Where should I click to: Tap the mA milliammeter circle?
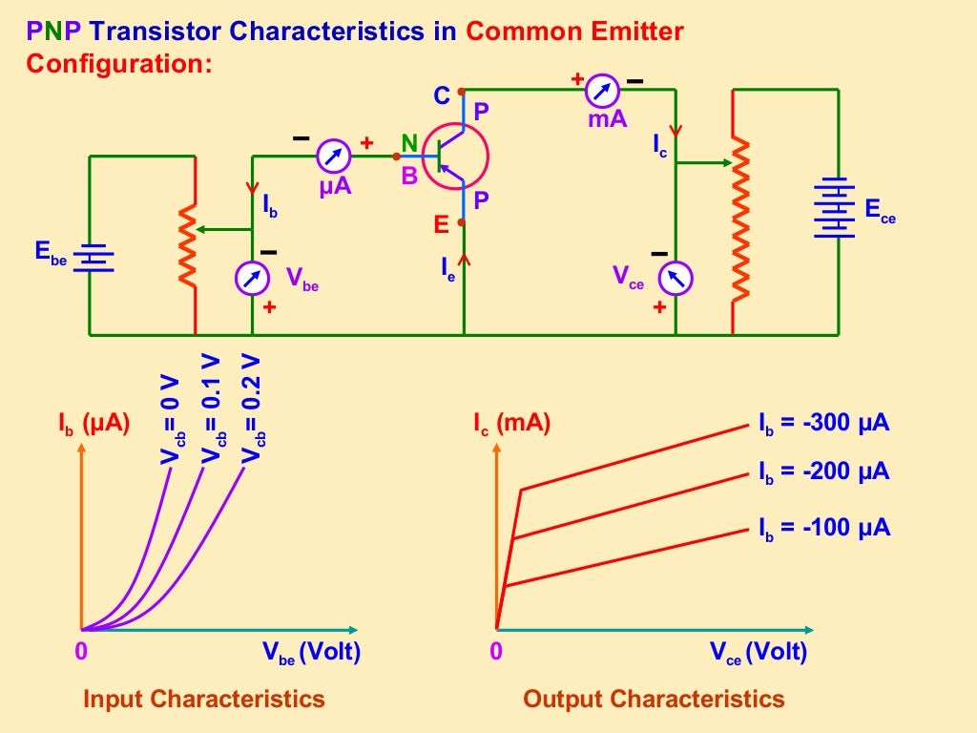click(x=603, y=91)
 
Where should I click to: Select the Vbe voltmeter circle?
click(x=252, y=278)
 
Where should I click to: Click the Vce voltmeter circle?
click(x=676, y=278)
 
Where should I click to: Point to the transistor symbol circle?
click(x=455, y=155)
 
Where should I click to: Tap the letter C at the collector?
click(x=441, y=95)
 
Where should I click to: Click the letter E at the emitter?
click(x=441, y=225)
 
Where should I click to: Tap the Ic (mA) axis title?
click(x=511, y=423)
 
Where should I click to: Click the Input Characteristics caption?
click(x=204, y=699)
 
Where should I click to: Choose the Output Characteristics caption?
click(x=654, y=699)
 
